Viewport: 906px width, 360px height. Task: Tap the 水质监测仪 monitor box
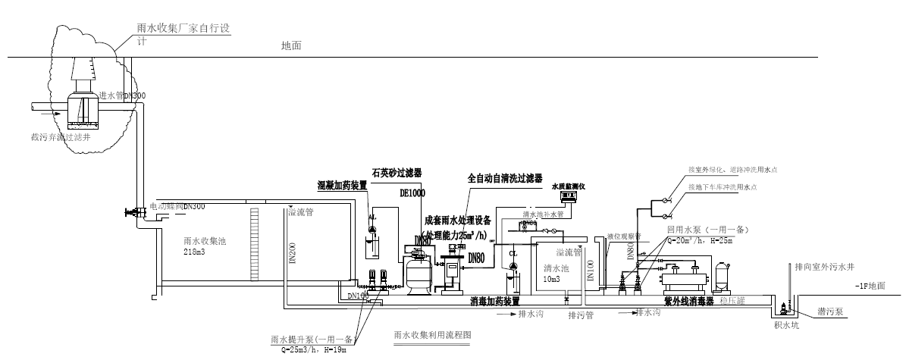click(571, 196)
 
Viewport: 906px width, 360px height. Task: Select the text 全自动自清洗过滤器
click(504, 179)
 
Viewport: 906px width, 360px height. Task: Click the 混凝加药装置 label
click(342, 185)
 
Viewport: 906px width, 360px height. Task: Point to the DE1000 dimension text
click(412, 193)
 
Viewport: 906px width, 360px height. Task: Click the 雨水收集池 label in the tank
click(205, 242)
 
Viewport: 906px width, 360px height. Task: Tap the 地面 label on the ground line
click(291, 46)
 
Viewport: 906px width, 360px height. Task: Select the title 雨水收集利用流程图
click(433, 333)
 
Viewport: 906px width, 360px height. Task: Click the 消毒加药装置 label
click(494, 301)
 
